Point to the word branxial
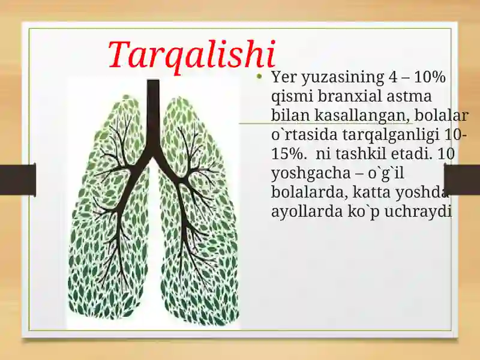tap(346, 96)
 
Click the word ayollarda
tap(307, 212)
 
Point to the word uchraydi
tap(418, 212)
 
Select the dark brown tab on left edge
tap(18, 179)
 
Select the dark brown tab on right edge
tap(462, 179)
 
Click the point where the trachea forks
tap(152, 157)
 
